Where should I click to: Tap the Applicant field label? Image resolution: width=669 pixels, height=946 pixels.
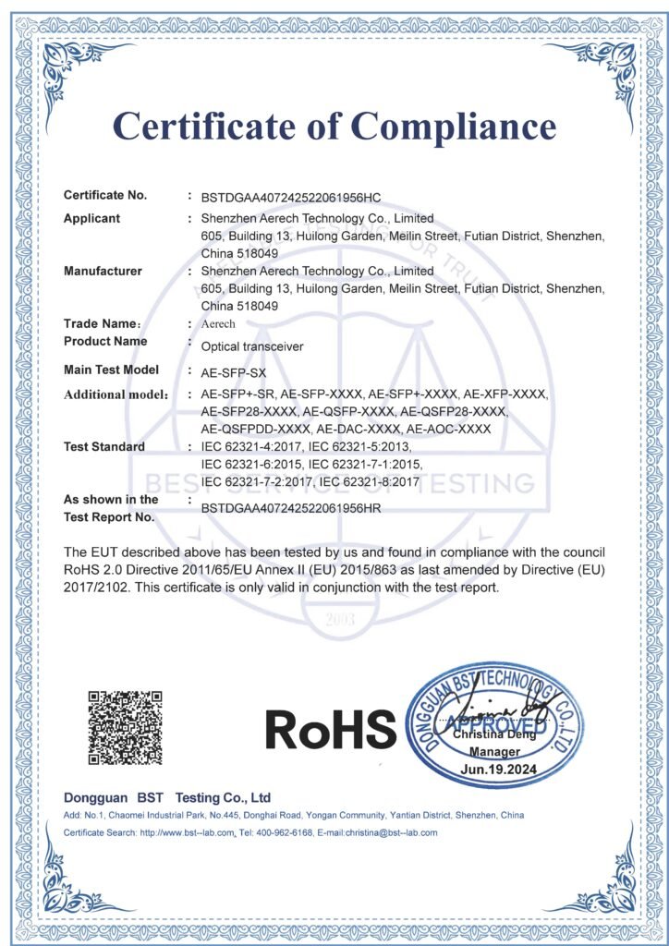click(91, 219)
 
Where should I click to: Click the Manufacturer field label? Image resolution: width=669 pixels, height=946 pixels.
click(103, 272)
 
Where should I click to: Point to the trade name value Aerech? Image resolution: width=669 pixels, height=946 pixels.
click(218, 324)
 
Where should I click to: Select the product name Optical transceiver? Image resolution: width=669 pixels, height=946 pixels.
click(252, 346)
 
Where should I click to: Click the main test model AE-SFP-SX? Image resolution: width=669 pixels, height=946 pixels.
click(233, 371)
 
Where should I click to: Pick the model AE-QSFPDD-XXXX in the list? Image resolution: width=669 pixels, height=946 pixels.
click(255, 430)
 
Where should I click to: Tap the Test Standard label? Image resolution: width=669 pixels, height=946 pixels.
click(103, 447)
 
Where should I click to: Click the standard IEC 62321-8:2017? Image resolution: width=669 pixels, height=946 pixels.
click(368, 482)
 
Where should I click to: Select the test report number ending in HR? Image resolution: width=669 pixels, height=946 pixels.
click(291, 508)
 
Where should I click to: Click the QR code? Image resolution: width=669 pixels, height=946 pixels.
click(125, 726)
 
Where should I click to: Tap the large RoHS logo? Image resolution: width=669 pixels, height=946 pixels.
click(330, 730)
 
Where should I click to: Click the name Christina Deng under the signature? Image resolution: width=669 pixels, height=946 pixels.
click(498, 736)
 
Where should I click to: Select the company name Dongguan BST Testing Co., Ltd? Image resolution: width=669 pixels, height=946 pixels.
click(166, 797)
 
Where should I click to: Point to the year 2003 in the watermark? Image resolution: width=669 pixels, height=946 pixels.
click(334, 620)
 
